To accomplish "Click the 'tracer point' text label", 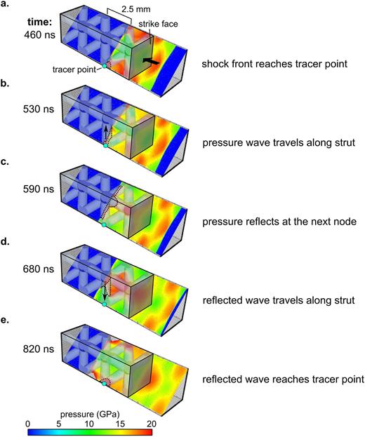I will coord(73,68).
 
